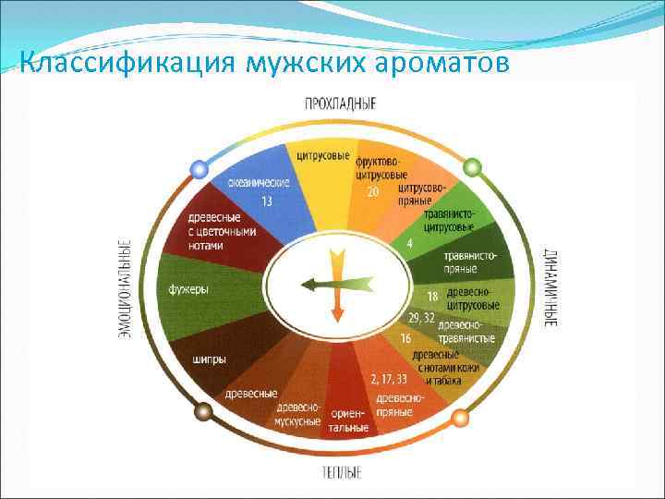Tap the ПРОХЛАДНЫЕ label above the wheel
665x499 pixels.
click(340, 104)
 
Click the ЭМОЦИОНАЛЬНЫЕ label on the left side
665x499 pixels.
click(124, 288)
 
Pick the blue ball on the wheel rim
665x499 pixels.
click(197, 169)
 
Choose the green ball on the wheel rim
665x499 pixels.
click(472, 167)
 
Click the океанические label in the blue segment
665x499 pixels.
click(259, 183)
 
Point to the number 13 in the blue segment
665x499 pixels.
click(266, 201)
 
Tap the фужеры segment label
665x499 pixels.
click(187, 289)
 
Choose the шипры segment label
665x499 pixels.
click(210, 359)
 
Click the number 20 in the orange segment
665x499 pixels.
click(372, 192)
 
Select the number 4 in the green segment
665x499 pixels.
click(409, 244)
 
